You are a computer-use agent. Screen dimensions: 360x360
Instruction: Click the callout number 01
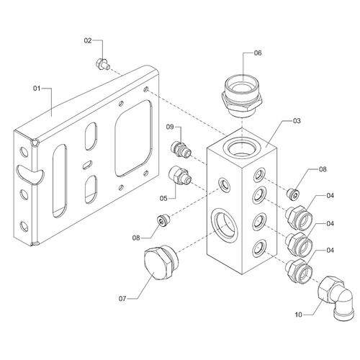click(37, 89)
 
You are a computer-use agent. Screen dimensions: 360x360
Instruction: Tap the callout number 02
click(88, 41)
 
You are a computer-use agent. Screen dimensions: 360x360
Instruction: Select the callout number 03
click(297, 121)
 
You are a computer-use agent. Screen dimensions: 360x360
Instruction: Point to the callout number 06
click(258, 53)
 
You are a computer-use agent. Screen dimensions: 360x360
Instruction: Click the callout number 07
click(122, 299)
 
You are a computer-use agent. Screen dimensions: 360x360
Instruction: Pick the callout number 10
click(298, 315)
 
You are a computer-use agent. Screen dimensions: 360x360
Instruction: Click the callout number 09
click(170, 127)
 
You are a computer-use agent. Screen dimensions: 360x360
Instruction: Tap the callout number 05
click(163, 199)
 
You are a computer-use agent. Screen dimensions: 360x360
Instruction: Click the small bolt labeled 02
click(103, 65)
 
